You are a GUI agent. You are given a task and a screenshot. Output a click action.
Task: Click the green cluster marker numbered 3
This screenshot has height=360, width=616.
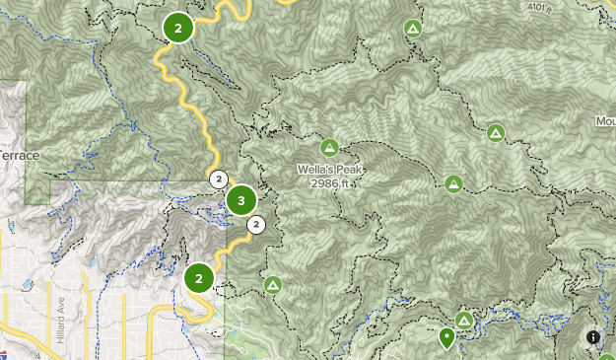[240, 201]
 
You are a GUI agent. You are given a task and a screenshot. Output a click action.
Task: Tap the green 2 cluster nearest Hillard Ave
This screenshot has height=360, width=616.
[199, 278]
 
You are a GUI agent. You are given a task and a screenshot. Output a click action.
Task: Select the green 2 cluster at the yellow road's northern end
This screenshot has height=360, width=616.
[177, 29]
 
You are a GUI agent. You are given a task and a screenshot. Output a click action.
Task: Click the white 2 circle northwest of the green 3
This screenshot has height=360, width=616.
[218, 179]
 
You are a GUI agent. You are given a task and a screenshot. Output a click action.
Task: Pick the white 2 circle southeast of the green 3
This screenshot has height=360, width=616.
[256, 225]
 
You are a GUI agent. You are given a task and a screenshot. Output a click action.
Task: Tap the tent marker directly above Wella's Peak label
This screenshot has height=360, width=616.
[329, 148]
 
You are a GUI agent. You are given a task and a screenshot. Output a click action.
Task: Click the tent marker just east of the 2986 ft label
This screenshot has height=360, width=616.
[453, 183]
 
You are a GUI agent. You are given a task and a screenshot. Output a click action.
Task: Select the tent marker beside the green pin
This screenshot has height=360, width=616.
[463, 320]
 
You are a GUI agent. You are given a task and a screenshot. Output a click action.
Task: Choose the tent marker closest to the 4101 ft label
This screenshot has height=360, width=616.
[413, 29]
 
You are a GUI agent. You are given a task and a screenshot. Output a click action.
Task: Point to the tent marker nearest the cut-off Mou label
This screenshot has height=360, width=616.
[496, 132]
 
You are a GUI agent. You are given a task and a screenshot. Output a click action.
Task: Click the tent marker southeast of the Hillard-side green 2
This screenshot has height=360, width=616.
[273, 285]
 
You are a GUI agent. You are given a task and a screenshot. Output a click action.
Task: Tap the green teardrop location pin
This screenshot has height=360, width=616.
[446, 338]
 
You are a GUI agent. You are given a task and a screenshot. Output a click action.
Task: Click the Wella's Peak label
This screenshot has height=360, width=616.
[330, 170]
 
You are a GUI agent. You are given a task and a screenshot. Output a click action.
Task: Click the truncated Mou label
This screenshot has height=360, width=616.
[604, 122]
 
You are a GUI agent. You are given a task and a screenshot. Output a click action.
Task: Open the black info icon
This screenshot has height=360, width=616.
[593, 337]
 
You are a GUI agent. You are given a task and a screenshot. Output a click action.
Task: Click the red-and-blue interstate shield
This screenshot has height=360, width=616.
[4, 353]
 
